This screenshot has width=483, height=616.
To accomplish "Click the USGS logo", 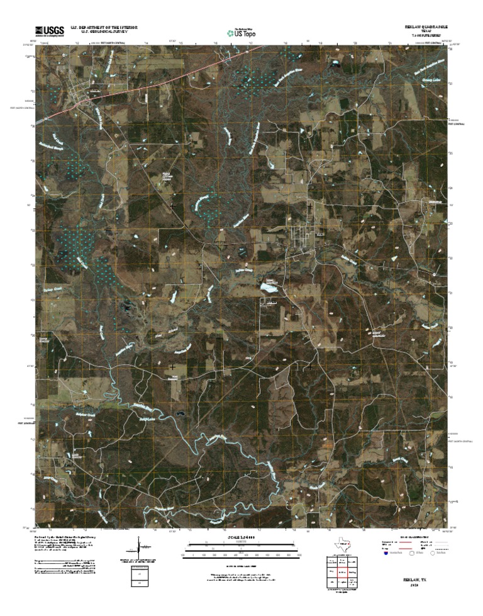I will (49, 30).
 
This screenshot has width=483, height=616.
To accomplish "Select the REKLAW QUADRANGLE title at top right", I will (425, 28).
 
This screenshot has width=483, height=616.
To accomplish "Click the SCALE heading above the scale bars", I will (241, 538).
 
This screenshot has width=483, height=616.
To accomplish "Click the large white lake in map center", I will (269, 288).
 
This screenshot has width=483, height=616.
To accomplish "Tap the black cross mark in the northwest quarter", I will (173, 205).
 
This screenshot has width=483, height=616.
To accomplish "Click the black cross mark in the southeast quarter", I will (310, 366).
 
